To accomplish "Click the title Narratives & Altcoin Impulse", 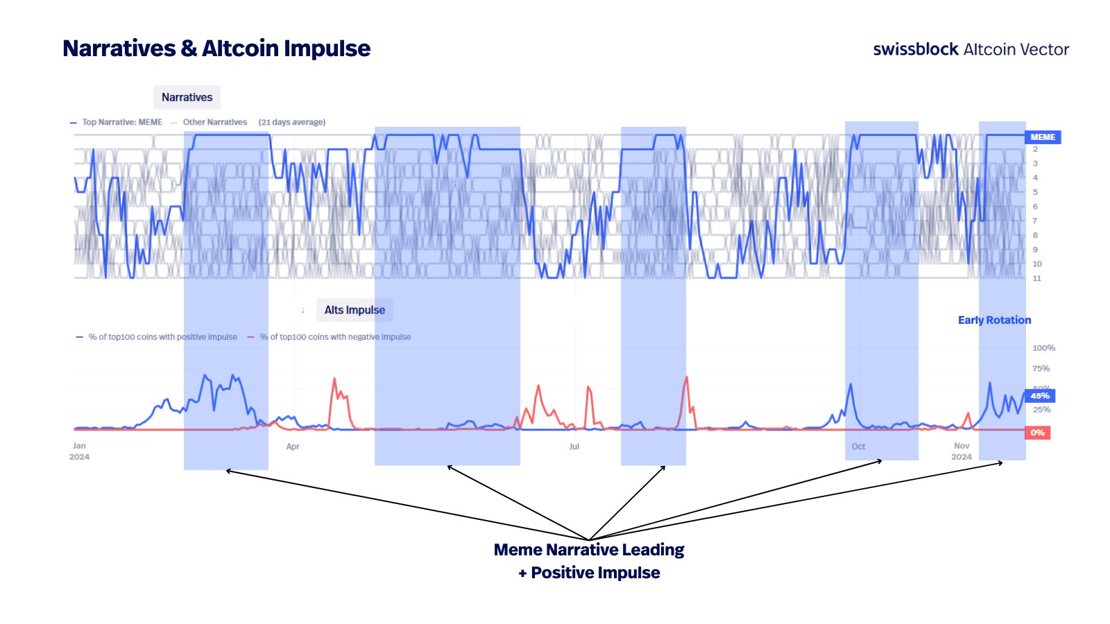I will [216, 49].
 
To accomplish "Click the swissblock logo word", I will [915, 49].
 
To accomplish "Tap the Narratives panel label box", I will [187, 97].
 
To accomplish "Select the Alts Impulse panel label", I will [355, 310].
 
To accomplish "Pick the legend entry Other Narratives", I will [214, 122].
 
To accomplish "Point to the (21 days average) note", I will [292, 122].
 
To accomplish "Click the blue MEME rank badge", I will [1042, 137].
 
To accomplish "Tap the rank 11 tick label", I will [1036, 278].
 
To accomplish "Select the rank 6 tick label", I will [1035, 207].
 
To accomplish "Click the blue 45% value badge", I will [1039, 396].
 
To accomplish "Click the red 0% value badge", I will [1037, 433].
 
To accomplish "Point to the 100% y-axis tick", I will [1043, 348].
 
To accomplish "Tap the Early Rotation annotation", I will [994, 320].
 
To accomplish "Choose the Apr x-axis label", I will [293, 447].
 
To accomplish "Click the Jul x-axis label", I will [574, 447].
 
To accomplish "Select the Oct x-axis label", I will [858, 447].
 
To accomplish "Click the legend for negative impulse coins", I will [335, 337].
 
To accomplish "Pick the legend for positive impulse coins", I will [162, 337].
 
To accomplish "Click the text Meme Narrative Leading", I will [588, 550].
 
